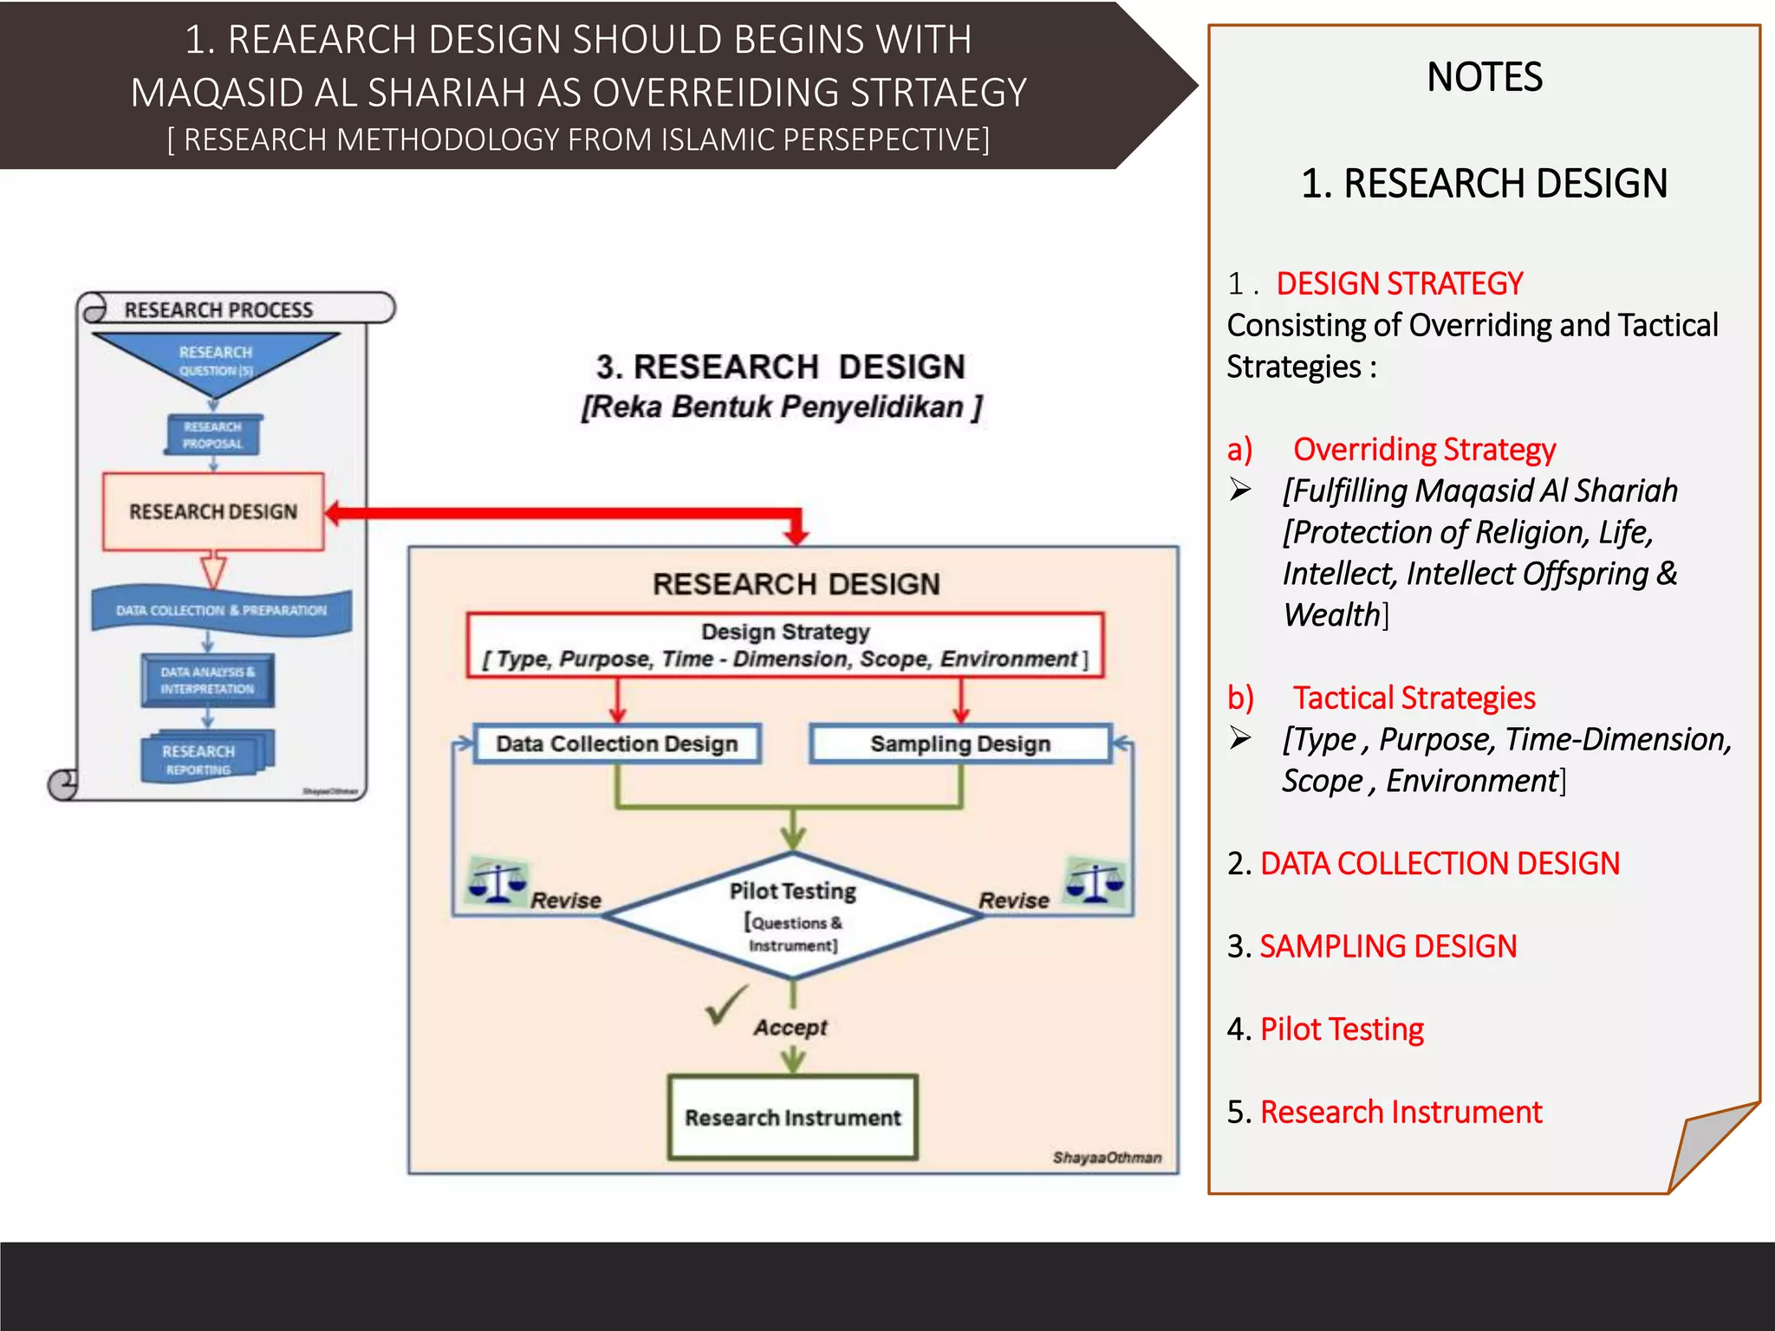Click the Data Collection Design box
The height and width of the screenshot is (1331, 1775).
(616, 743)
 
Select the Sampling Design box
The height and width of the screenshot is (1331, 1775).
(959, 743)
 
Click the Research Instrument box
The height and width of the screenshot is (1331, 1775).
(792, 1117)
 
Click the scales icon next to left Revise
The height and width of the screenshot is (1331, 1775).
(497, 882)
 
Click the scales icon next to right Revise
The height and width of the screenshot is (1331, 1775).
(1096, 882)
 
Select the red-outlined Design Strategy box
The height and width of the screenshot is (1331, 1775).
(784, 645)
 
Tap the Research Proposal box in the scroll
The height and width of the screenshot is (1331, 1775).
(213, 435)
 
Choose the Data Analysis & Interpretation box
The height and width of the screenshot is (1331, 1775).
(208, 680)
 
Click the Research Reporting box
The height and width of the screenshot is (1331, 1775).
(205, 757)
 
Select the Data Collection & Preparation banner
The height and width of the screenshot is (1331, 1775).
(222, 610)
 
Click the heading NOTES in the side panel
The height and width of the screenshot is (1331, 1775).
(1484, 77)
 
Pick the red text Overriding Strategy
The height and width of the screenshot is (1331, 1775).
(1424, 449)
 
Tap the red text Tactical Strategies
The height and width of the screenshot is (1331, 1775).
(1414, 698)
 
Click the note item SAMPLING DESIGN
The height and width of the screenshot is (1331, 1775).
(1388, 946)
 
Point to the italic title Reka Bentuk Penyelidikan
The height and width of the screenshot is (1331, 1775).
(781, 406)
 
